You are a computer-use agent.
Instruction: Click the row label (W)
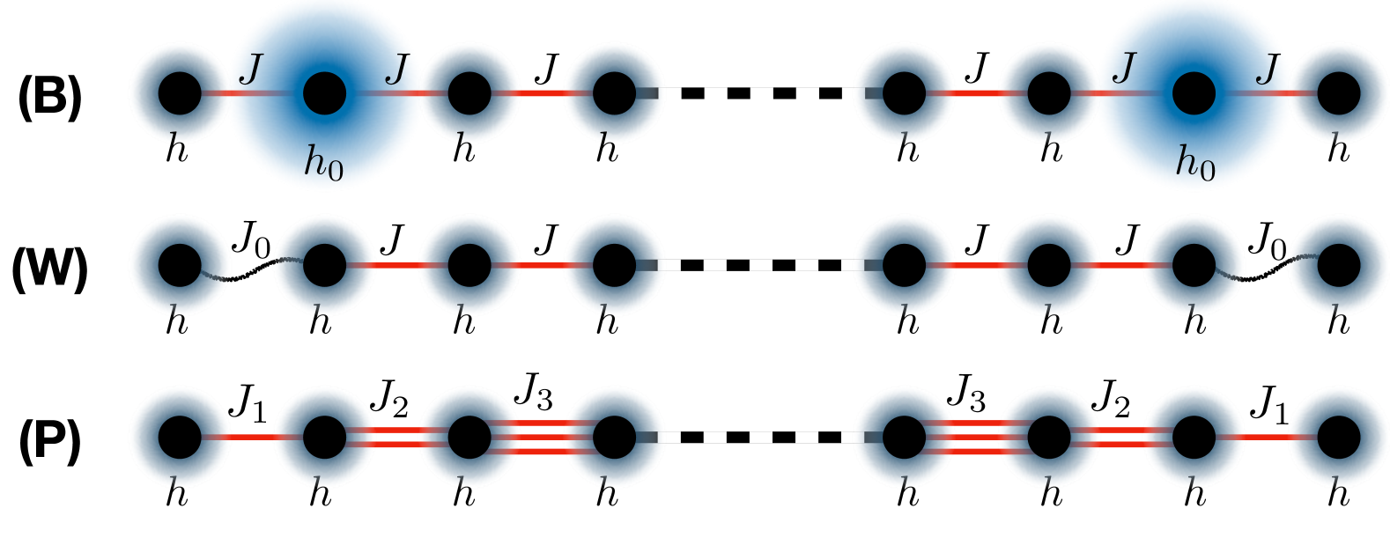point(50,269)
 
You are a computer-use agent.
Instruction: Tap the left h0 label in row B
point(323,163)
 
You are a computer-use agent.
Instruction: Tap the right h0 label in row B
point(1195,163)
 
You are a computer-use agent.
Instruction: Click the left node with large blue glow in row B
point(324,92)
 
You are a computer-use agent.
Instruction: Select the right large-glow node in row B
point(1194,92)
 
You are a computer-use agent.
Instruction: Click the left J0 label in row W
point(250,239)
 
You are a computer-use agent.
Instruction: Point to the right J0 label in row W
point(1267,239)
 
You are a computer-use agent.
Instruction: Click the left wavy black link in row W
point(252,272)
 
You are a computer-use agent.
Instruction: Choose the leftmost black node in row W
point(180,265)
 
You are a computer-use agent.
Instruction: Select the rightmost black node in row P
point(1339,438)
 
